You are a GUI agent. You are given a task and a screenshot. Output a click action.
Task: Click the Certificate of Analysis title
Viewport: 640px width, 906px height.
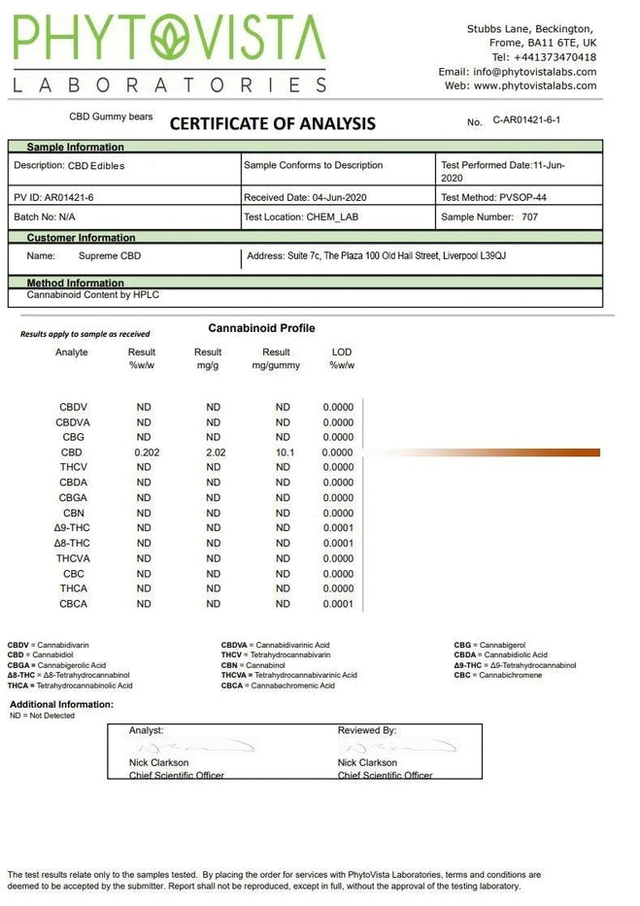pyautogui.click(x=272, y=123)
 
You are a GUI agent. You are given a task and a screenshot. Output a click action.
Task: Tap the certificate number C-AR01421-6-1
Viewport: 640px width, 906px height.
pyautogui.click(x=527, y=119)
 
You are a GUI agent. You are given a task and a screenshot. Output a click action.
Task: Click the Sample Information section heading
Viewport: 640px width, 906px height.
pyautogui.click(x=75, y=148)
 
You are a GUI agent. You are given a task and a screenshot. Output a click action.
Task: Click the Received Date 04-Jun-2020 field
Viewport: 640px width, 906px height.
pyautogui.click(x=305, y=197)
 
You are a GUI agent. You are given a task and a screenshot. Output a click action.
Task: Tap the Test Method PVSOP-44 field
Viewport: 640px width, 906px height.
pyautogui.click(x=493, y=197)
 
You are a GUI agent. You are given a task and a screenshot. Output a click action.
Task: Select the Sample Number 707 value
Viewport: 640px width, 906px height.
pyautogui.click(x=529, y=218)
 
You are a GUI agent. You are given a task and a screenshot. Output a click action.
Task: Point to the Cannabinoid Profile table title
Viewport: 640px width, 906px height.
pyautogui.click(x=261, y=328)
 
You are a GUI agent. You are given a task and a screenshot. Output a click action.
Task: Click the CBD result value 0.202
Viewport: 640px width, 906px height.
pyautogui.click(x=144, y=453)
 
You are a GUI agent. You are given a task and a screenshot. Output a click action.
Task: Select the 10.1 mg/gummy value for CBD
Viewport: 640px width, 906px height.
pyautogui.click(x=283, y=453)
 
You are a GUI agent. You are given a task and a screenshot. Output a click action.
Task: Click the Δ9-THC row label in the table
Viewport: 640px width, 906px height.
pyautogui.click(x=72, y=528)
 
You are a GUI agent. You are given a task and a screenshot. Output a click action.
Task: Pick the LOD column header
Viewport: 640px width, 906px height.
pyautogui.click(x=341, y=352)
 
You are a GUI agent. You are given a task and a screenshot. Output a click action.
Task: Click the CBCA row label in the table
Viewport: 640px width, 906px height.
pyautogui.click(x=73, y=604)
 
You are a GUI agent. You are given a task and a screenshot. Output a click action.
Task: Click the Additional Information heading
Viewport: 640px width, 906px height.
pyautogui.click(x=61, y=704)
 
